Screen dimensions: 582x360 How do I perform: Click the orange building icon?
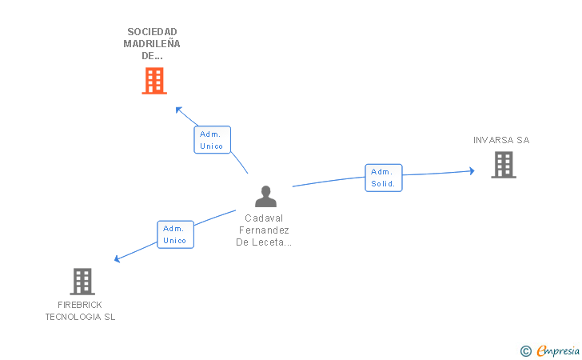(x=154, y=81)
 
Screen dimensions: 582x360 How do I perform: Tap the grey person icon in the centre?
(x=265, y=197)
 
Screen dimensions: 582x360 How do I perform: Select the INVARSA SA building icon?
(x=503, y=165)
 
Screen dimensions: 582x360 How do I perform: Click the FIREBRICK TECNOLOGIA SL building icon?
(x=82, y=282)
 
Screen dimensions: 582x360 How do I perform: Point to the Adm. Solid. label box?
(x=384, y=178)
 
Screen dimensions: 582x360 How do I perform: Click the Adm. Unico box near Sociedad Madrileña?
(x=212, y=140)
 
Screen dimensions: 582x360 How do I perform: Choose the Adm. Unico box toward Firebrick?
(x=175, y=234)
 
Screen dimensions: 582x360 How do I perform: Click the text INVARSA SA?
(x=501, y=140)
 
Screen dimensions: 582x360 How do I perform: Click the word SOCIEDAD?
(x=152, y=32)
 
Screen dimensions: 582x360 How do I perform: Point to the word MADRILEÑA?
(x=152, y=44)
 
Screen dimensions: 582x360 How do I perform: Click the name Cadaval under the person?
(x=265, y=218)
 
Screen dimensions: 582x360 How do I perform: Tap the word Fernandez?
(x=265, y=230)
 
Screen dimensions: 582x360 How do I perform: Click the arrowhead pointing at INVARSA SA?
(x=472, y=170)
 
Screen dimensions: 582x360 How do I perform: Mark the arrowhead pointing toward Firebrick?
(x=117, y=259)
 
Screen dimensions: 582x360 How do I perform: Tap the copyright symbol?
(x=525, y=350)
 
